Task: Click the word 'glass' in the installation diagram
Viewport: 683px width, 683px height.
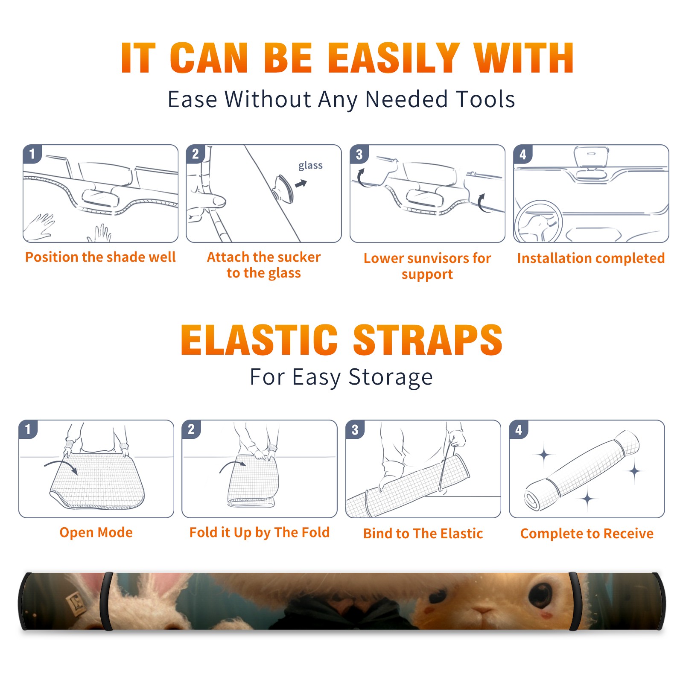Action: (x=310, y=166)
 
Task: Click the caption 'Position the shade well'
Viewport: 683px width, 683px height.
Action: (x=100, y=257)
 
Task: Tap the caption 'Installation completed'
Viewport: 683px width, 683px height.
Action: (x=591, y=258)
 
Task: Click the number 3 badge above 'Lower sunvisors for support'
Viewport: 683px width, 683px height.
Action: (x=359, y=154)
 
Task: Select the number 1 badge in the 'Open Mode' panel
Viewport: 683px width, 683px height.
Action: (x=28, y=429)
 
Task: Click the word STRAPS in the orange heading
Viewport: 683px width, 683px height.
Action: (x=428, y=340)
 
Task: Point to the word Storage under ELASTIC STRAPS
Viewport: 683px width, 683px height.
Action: (x=391, y=377)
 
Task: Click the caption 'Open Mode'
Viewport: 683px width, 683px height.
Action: (x=96, y=532)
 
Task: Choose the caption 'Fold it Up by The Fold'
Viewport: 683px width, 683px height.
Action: (x=260, y=532)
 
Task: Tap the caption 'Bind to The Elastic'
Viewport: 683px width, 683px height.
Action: (x=423, y=533)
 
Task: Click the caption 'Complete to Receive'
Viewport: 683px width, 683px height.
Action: (x=587, y=533)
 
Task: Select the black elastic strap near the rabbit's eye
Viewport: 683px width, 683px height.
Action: (x=575, y=601)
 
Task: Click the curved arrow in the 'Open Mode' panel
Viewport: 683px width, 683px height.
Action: (x=61, y=464)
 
